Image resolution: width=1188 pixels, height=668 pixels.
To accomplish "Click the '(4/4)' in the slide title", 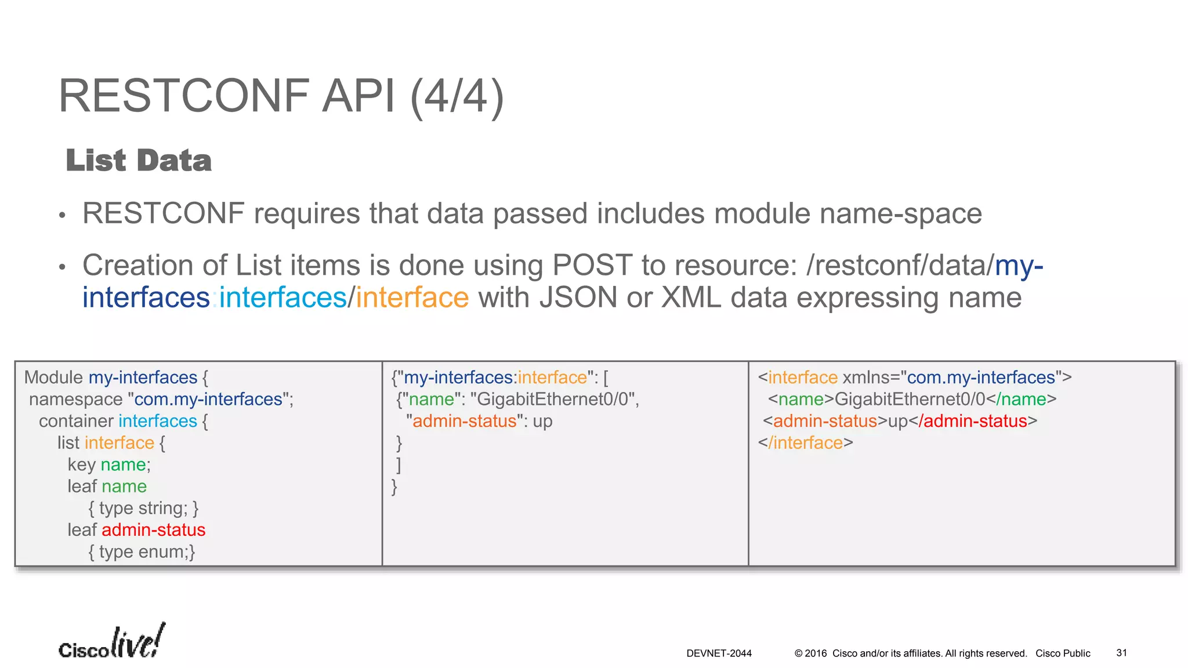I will [457, 96].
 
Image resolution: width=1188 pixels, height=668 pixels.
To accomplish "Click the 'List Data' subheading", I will [139, 161].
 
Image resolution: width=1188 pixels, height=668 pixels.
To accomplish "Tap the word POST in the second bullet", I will [592, 266].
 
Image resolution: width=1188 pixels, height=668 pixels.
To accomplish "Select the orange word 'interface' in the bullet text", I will [412, 298].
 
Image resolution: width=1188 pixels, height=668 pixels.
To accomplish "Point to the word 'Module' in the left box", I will [53, 377].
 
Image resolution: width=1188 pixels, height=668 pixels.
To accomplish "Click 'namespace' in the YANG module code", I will [75, 400].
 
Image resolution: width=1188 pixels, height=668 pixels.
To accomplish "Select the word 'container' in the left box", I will [76, 421].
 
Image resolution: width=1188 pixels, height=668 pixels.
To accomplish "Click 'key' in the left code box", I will [81, 464].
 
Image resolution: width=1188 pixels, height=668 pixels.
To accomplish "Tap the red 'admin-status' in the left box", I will [153, 530].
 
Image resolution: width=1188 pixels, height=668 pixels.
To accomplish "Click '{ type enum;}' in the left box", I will [142, 552].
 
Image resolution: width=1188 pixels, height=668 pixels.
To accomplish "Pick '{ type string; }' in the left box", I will [143, 509].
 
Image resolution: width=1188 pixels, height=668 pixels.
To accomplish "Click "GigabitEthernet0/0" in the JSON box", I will [554, 400].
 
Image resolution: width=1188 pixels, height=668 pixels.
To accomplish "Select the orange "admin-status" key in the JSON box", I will [464, 421].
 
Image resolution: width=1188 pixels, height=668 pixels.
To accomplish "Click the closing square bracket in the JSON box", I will [399, 464].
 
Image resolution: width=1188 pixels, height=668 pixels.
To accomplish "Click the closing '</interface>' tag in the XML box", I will [805, 443].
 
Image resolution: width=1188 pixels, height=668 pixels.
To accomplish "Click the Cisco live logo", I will [111, 642].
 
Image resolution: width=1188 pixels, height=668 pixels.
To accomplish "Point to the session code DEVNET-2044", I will [719, 654].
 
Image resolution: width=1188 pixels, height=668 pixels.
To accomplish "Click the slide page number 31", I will [1121, 653].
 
